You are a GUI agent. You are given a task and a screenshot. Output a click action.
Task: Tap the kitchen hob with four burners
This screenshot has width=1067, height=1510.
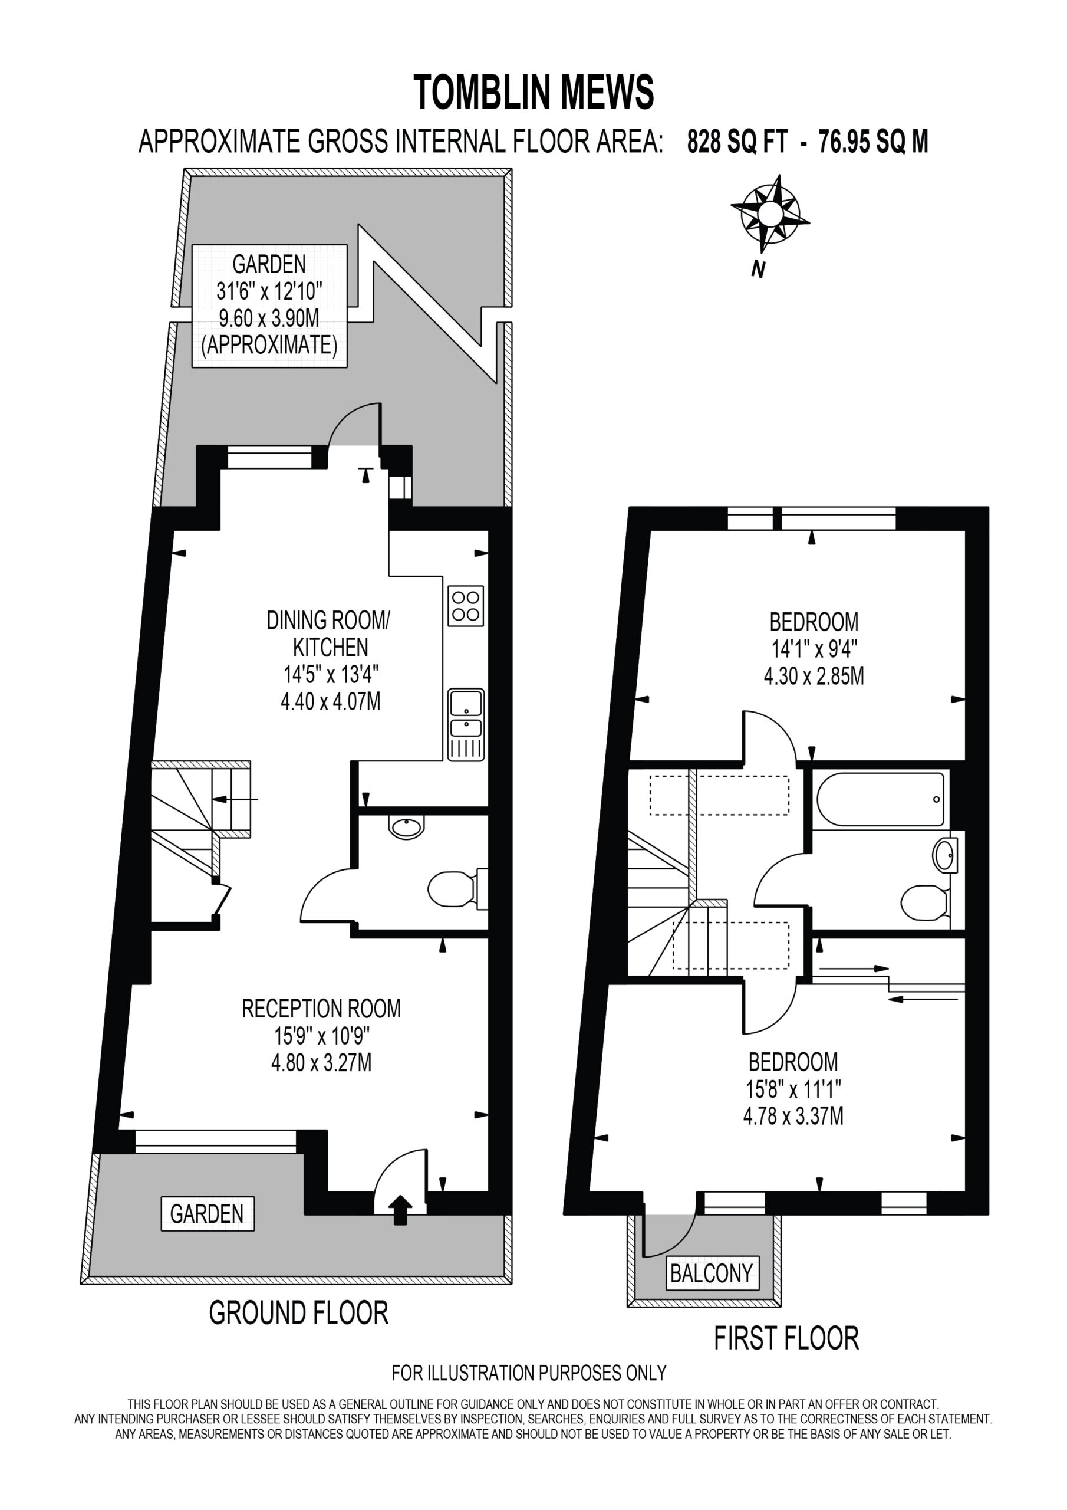pyautogui.click(x=466, y=606)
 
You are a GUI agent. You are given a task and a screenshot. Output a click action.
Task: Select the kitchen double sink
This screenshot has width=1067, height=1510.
pyautogui.click(x=466, y=725)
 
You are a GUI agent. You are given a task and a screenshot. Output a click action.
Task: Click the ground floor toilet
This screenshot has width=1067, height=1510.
pyautogui.click(x=457, y=889)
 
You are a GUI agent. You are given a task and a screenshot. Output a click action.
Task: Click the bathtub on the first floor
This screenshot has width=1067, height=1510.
pyautogui.click(x=880, y=799)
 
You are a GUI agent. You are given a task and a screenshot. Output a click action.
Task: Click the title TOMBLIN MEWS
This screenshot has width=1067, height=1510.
pyautogui.click(x=534, y=92)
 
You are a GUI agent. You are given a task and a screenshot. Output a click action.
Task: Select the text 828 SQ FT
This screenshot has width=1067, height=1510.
pyautogui.click(x=736, y=142)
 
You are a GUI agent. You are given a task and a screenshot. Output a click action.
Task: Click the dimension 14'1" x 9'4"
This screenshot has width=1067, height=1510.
pyautogui.click(x=814, y=649)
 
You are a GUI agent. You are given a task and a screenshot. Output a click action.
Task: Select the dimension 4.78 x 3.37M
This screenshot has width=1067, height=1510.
pyautogui.click(x=793, y=1115)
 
